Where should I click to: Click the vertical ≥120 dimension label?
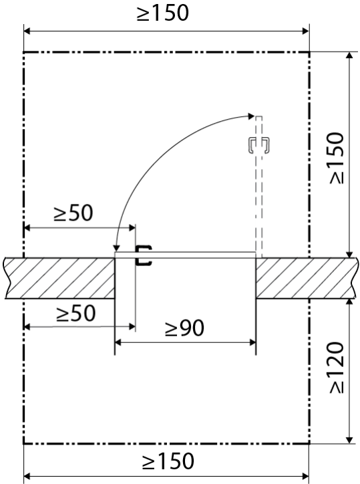[x=337, y=367]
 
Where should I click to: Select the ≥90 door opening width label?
[x=184, y=328]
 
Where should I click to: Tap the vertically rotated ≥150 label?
[x=337, y=158]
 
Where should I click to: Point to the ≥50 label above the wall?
[x=73, y=213]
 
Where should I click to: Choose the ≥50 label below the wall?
[x=76, y=314]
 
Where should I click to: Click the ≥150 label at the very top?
[x=162, y=13]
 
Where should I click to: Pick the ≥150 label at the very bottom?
[x=168, y=461]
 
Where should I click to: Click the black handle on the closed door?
[x=144, y=255]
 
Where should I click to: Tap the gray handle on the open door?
[x=259, y=144]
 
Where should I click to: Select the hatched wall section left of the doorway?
[x=60, y=278]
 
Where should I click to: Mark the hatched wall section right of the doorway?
[x=307, y=278]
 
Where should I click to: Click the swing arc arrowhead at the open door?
[x=251, y=116]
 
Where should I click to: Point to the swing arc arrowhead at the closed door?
[x=116, y=248]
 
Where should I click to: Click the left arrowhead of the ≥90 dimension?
[x=118, y=342]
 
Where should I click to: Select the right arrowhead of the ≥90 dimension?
[x=252, y=342]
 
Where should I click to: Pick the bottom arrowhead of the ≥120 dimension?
[x=349, y=440]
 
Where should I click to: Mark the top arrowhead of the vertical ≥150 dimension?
[x=349, y=56]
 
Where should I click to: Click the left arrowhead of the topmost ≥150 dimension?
[x=27, y=31]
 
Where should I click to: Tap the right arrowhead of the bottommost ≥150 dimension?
[x=305, y=476]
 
